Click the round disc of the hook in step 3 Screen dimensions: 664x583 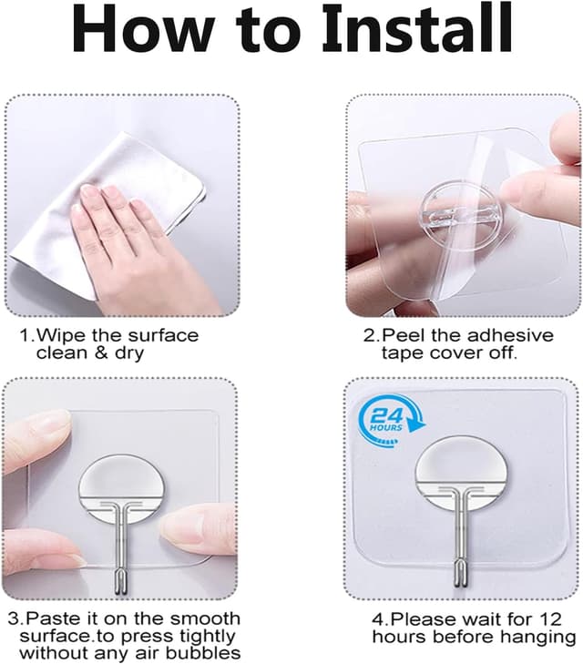tap(124, 484)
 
